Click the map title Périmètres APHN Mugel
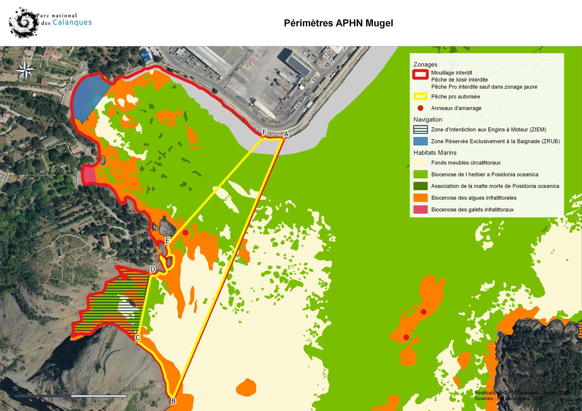[x=338, y=23]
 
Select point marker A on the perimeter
[x=284, y=138]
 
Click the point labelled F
[x=262, y=136]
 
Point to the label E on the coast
[x=167, y=241]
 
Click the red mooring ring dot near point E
[x=185, y=233]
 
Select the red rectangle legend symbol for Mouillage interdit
[x=420, y=74]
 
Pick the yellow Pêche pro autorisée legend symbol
[x=420, y=97]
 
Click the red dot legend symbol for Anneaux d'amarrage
[x=420, y=108]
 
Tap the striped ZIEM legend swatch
[x=420, y=130]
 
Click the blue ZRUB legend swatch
[x=420, y=141]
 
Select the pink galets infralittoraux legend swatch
[x=420, y=209]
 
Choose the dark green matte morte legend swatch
[x=420, y=186]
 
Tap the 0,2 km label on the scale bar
[x=131, y=389]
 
